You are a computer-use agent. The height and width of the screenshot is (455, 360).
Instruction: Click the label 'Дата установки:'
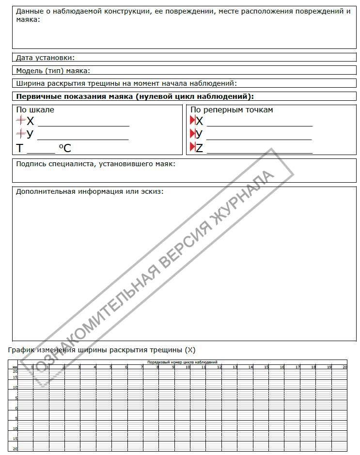[x=46, y=58]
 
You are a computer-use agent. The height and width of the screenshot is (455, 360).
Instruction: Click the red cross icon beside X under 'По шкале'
[x=21, y=120]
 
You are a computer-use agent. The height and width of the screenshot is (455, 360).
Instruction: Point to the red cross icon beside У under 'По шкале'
[x=21, y=134]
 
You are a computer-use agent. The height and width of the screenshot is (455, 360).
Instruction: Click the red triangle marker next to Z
[x=192, y=147]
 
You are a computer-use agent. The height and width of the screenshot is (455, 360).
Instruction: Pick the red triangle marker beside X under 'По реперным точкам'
[x=192, y=121]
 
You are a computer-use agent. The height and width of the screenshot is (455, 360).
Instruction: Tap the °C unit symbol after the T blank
[x=65, y=148]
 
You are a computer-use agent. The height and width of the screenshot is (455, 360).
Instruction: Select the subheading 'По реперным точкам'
[x=232, y=110]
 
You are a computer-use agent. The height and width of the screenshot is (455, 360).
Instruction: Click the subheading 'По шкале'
[x=35, y=110]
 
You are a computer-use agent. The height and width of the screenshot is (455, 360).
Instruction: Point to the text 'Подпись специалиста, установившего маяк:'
[x=96, y=164]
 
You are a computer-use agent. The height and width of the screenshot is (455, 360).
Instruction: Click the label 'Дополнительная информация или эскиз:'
[x=90, y=191]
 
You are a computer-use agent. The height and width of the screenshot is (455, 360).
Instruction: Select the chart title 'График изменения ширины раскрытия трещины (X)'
[x=102, y=349]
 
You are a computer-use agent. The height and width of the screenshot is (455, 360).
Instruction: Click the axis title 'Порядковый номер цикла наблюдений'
[x=183, y=362]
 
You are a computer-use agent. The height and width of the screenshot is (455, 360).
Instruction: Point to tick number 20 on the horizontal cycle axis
[x=345, y=367]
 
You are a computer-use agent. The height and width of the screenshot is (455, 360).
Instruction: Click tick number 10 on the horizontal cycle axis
[x=188, y=367]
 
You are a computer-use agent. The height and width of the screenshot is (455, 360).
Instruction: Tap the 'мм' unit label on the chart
[x=15, y=367]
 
